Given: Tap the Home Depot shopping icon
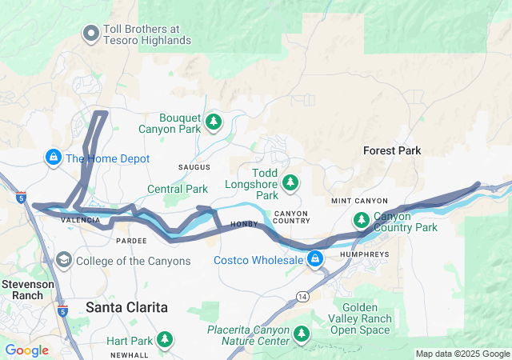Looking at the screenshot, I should click(x=53, y=157).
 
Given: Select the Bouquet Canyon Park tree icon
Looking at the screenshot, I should click(x=213, y=122).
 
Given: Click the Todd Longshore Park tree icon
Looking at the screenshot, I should click(x=289, y=183).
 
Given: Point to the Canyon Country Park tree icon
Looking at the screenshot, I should click(x=361, y=219).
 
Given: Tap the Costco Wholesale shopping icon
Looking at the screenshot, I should click(x=315, y=259).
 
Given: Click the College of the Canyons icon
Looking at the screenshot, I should click(x=62, y=260).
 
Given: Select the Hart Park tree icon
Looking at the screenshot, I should click(x=164, y=340).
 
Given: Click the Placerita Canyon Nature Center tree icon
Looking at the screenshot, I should click(x=302, y=334).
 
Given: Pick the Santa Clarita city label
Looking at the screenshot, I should click(x=126, y=307).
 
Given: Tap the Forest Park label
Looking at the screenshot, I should click(x=391, y=150).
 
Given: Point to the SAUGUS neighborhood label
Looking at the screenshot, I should click(x=194, y=166).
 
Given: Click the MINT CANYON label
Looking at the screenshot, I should click(x=359, y=200).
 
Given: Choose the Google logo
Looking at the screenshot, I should click(x=26, y=350).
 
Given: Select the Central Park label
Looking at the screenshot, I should click(x=177, y=190).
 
